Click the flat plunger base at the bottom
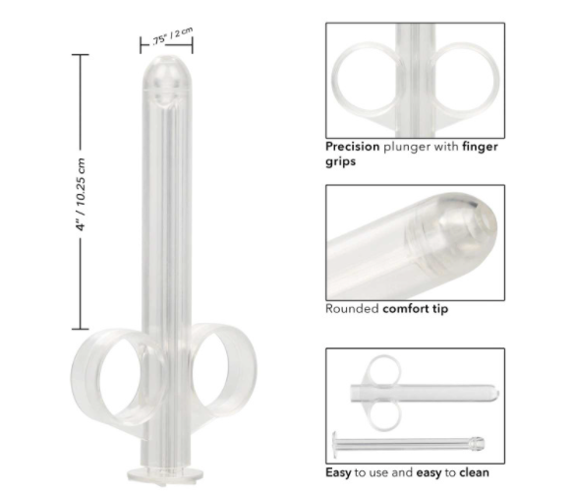coord(165,473)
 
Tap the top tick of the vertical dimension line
coord(80,56)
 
